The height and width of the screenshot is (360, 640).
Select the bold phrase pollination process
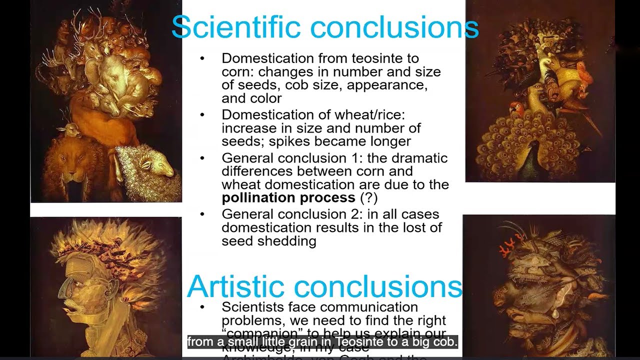pyautogui.click(x=288, y=197)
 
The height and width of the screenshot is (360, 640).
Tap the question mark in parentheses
pyautogui.click(x=368, y=197)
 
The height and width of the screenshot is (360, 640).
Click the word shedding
pyautogui.click(x=292, y=241)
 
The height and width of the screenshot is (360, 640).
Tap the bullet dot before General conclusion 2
pyautogui.click(x=202, y=214)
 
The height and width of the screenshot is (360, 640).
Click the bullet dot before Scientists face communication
pyautogui.click(x=202, y=306)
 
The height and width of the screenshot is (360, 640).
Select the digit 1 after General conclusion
pyautogui.click(x=360, y=158)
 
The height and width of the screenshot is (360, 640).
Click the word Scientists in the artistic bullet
pyautogui.click(x=252, y=306)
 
